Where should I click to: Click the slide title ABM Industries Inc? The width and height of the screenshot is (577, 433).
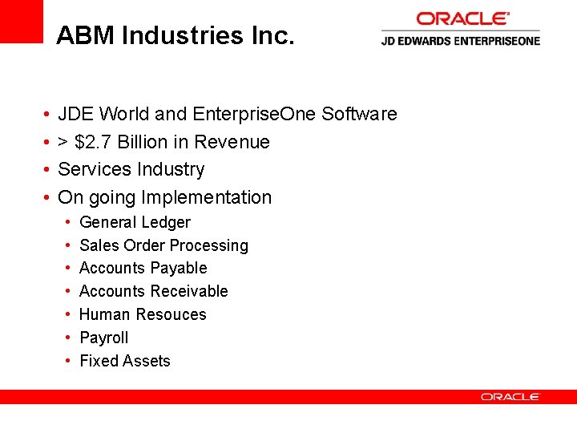pyautogui.click(x=176, y=35)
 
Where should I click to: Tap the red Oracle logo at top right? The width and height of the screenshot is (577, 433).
pyautogui.click(x=462, y=18)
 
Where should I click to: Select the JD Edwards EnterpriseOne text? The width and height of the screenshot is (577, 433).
pyautogui.click(x=460, y=41)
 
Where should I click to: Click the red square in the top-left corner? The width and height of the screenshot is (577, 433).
pyautogui.click(x=21, y=21)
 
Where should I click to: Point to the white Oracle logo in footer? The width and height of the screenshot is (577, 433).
pyautogui.click(x=510, y=397)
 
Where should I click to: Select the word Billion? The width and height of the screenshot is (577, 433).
pyautogui.click(x=142, y=142)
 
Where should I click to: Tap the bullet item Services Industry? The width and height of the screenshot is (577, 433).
pyautogui.click(x=131, y=169)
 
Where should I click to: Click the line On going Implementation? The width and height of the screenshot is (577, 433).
pyautogui.click(x=165, y=197)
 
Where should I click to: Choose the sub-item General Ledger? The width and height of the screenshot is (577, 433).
pyautogui.click(x=135, y=222)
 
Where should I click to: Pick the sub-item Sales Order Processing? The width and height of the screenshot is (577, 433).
pyautogui.click(x=163, y=245)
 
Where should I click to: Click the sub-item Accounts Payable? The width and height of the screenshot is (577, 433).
pyautogui.click(x=143, y=268)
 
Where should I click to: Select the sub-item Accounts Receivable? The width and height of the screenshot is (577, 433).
pyautogui.click(x=153, y=291)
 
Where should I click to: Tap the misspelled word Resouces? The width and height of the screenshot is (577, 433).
pyautogui.click(x=174, y=314)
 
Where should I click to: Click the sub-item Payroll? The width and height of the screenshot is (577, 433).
pyautogui.click(x=103, y=338)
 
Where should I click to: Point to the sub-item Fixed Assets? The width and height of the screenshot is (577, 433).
pyautogui.click(x=124, y=361)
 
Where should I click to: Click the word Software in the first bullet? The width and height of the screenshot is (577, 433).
pyautogui.click(x=359, y=114)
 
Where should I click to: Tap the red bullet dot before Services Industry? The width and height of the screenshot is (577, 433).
pyautogui.click(x=48, y=170)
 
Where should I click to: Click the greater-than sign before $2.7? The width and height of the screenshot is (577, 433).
pyautogui.click(x=63, y=143)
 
